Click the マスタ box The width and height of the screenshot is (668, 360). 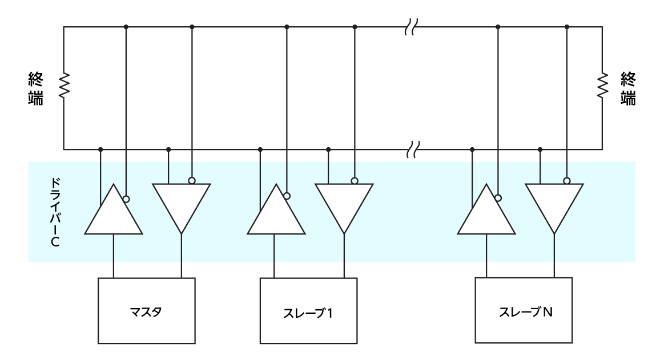147,311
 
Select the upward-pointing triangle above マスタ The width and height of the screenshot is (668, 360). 114,214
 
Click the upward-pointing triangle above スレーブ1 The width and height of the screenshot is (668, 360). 275,214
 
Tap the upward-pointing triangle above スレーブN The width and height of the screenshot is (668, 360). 486,214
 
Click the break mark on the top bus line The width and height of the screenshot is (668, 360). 411,26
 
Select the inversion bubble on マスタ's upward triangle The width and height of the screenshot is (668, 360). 126,199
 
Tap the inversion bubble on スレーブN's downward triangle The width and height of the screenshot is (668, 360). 567,181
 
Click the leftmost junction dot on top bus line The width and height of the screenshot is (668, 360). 126,26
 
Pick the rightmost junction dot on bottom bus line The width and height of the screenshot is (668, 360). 541,149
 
